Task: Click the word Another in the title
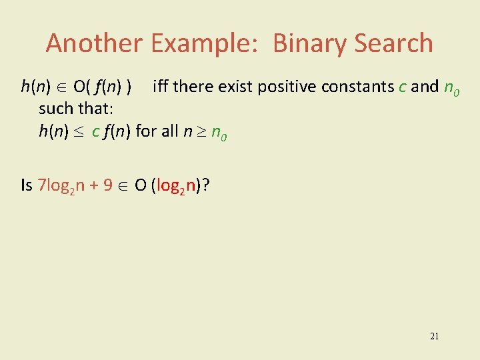pos(94,43)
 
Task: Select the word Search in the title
pos(394,43)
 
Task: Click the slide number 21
pos(435,336)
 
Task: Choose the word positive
pos(285,87)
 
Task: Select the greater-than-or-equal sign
pos(201,131)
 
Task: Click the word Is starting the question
pos(27,185)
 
